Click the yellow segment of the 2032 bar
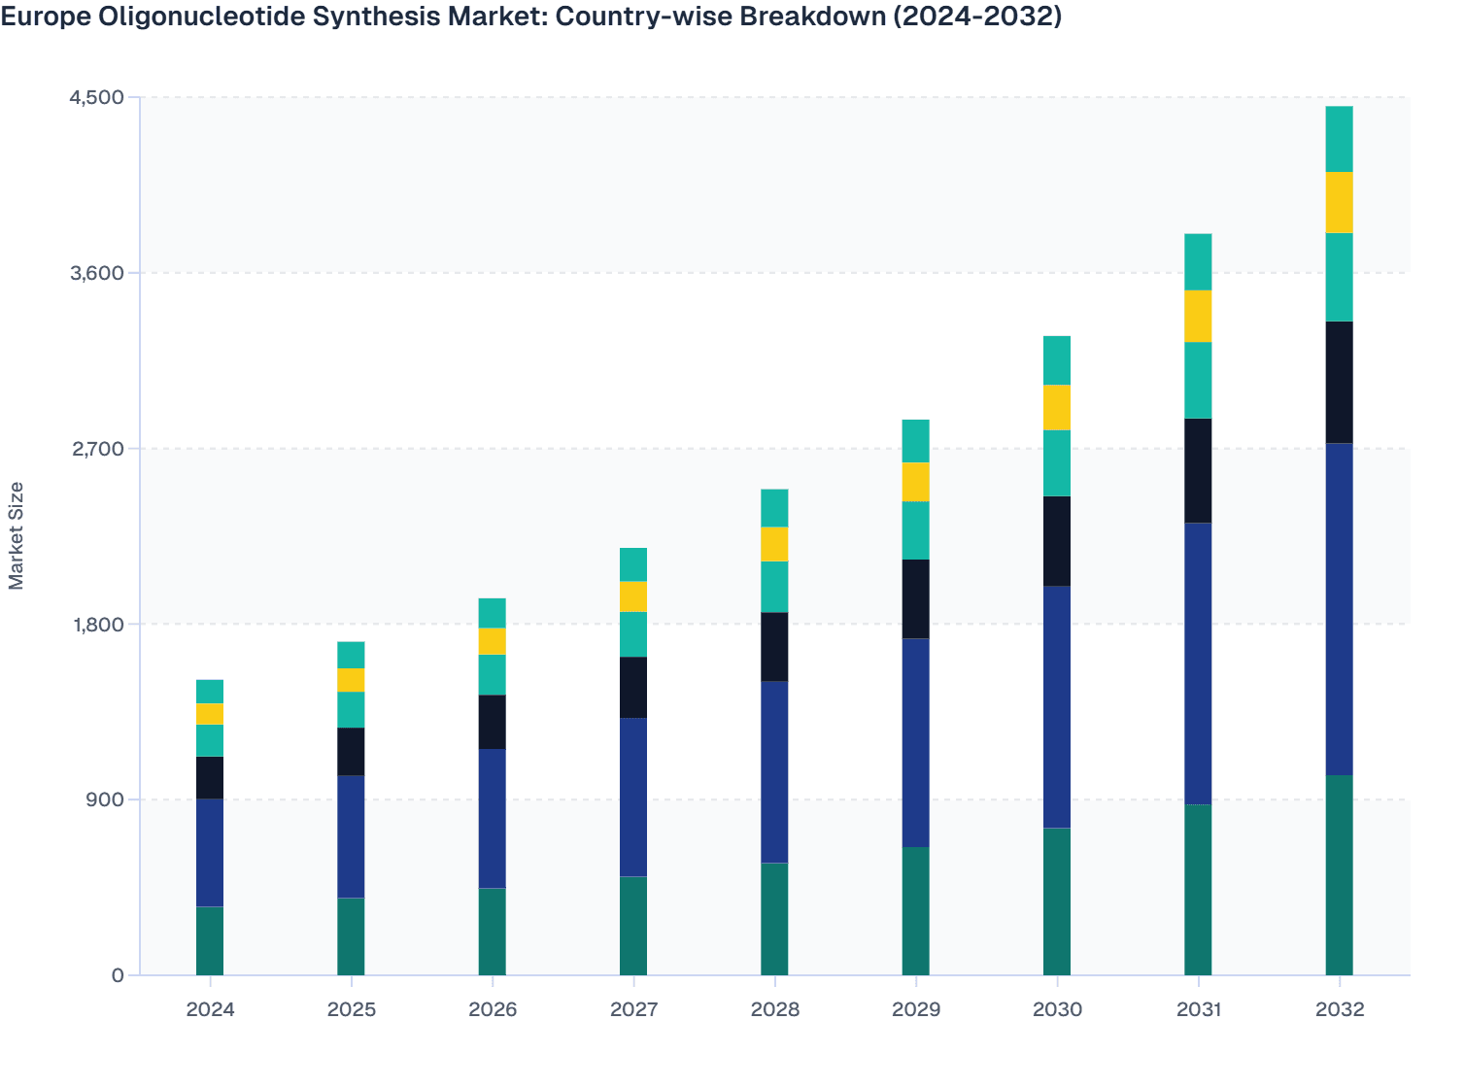click(1339, 202)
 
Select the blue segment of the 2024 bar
click(210, 852)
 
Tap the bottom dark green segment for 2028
click(774, 918)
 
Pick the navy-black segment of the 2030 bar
click(1057, 540)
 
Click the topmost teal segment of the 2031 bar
click(1198, 261)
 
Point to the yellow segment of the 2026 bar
click(493, 641)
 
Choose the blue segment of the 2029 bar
click(915, 742)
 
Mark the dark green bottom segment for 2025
click(351, 935)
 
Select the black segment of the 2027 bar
click(633, 687)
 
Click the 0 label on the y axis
click(118, 975)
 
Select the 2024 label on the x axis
click(210, 1009)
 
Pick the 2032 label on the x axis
click(1339, 1009)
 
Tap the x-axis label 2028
click(774, 1009)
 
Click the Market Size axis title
click(16, 535)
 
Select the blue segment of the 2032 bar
click(1339, 609)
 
